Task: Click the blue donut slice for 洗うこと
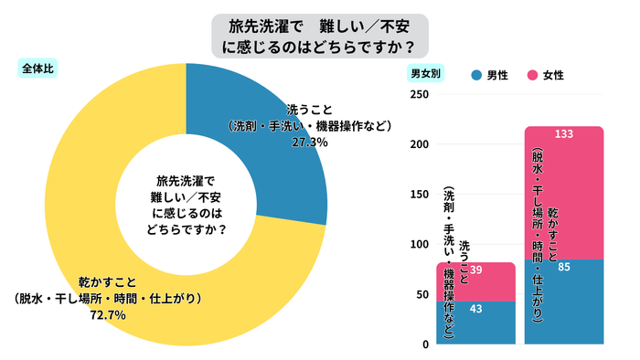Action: coord(274,101)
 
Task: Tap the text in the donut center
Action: coord(187,204)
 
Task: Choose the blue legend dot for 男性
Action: coord(475,74)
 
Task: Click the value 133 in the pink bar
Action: coord(564,134)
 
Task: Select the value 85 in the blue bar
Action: coord(564,267)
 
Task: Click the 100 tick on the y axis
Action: coord(419,245)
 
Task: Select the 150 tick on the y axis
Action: coord(419,195)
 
